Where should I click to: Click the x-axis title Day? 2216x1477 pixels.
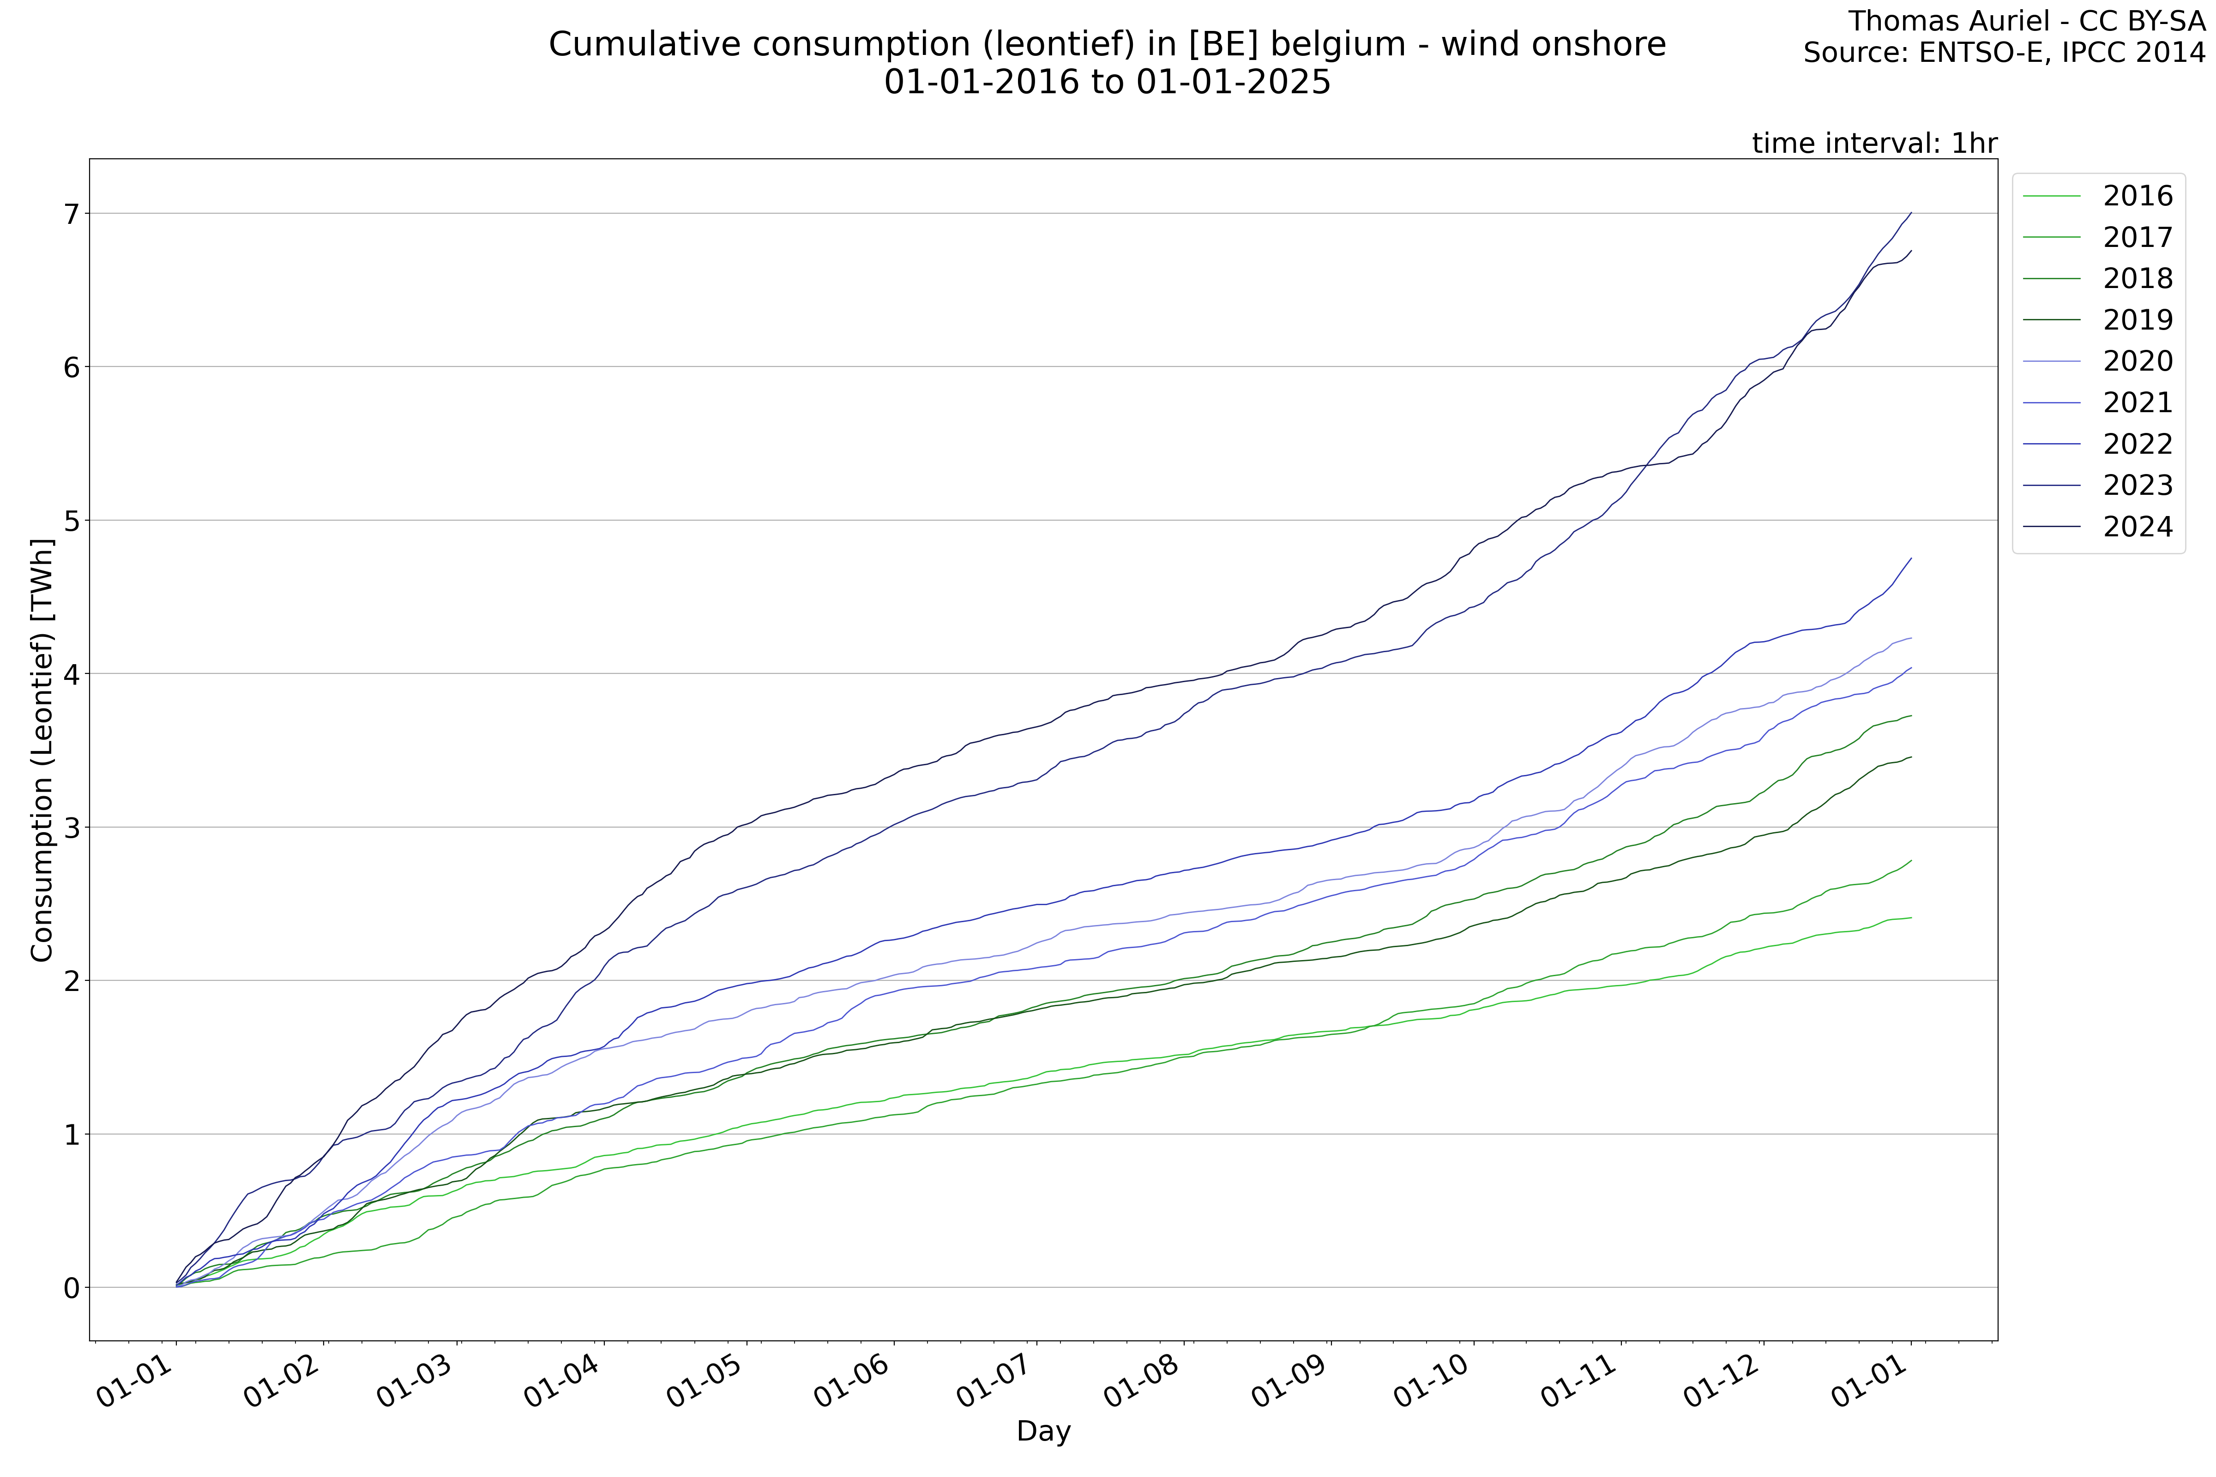point(1043,1431)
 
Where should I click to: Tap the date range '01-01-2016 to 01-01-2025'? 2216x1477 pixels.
point(1107,83)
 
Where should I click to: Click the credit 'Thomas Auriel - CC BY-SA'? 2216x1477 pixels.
point(2026,21)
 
